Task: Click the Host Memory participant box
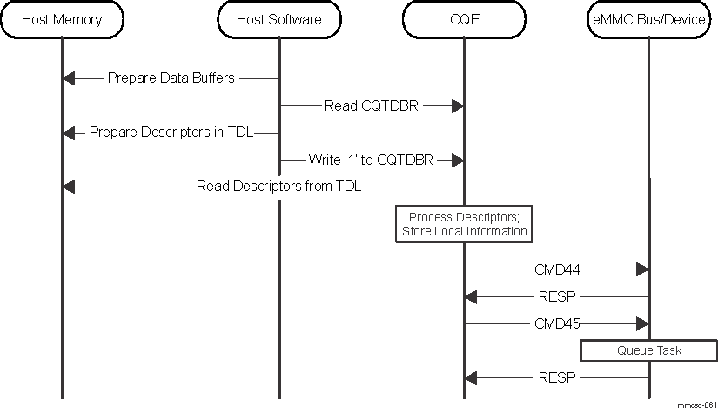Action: (x=62, y=19)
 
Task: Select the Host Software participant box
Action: (x=278, y=19)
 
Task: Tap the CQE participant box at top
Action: (x=463, y=19)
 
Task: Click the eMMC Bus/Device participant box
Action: (x=648, y=19)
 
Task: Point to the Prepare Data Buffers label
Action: (x=171, y=78)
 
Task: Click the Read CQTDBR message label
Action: (x=370, y=105)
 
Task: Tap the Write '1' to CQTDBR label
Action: (x=370, y=160)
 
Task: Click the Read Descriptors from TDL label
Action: (x=278, y=186)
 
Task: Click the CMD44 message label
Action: (x=557, y=270)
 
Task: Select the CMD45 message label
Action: (x=557, y=323)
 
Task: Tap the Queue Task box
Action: (x=649, y=350)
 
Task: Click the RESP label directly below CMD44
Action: (x=557, y=296)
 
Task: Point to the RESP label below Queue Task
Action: (x=557, y=377)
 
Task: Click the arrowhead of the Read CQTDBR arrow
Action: (x=455, y=105)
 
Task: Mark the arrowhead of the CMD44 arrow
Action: (x=641, y=270)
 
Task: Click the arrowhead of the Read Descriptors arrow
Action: (x=70, y=187)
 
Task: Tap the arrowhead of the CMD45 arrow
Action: (x=641, y=323)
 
